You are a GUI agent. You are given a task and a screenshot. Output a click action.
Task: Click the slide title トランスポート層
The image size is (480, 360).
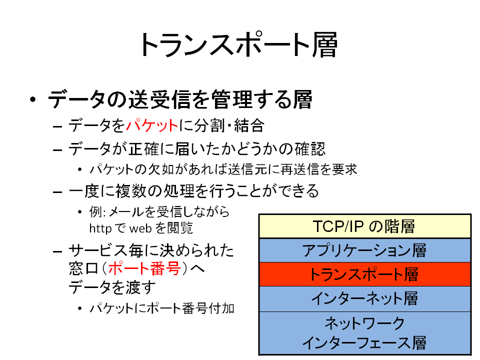(238, 45)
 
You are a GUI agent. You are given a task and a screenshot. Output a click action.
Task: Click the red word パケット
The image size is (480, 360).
(152, 125)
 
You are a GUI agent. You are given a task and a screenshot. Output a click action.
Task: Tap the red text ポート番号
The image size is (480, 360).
(144, 268)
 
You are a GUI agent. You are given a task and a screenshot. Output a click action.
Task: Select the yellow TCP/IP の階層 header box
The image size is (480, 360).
(364, 226)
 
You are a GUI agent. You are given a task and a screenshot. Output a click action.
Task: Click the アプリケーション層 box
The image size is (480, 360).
(364, 250)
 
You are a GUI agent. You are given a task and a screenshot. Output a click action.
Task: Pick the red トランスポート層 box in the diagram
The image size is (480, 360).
(364, 274)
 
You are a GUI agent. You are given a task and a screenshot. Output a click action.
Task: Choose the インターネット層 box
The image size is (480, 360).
(364, 298)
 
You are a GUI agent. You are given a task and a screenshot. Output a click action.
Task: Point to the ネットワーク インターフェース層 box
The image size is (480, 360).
(364, 333)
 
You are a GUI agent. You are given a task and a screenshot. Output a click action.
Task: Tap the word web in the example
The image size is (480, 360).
(140, 228)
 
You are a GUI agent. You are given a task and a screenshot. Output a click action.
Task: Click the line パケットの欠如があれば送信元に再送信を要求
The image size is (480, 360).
(223, 169)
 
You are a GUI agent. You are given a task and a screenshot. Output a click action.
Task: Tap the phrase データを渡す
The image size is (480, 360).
(111, 287)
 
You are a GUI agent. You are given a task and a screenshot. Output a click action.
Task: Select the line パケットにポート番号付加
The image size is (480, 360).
(162, 308)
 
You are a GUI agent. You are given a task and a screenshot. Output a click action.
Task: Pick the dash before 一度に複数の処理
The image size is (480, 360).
(57, 192)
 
